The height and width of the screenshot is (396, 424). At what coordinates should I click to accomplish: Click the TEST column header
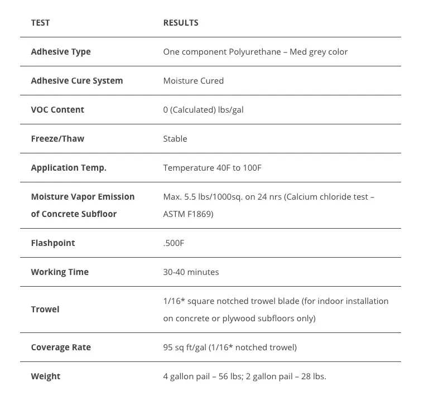(40, 23)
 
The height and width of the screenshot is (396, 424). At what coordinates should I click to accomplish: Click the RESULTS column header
(181, 23)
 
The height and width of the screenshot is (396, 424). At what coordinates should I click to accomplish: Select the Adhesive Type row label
(61, 52)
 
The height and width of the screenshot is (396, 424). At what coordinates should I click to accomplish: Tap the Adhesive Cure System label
(77, 81)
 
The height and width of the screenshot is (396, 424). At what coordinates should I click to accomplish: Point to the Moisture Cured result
(193, 81)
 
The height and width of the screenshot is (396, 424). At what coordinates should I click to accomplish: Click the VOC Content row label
(57, 110)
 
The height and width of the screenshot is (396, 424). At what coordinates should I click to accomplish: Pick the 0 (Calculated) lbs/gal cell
(203, 110)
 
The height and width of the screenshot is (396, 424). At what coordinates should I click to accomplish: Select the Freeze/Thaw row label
(57, 139)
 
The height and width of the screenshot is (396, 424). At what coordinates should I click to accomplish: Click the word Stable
(175, 139)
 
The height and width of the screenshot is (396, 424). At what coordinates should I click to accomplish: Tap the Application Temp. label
(69, 168)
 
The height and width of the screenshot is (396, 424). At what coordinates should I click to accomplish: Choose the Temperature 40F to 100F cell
(212, 168)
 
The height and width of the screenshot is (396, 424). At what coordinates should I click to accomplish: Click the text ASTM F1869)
(188, 214)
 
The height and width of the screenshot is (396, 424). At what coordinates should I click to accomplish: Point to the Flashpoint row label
(53, 243)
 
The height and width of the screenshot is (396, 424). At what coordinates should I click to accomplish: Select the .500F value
(174, 243)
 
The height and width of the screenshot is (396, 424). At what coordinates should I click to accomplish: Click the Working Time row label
(60, 272)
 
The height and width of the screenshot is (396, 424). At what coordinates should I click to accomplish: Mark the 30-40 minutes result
(191, 272)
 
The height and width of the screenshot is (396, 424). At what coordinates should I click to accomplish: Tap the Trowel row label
(45, 310)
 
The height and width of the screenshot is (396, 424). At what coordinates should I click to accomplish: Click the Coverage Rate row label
(61, 347)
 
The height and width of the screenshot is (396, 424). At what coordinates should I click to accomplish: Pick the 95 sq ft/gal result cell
(230, 347)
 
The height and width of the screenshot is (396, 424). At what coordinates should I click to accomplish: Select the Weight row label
(46, 376)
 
